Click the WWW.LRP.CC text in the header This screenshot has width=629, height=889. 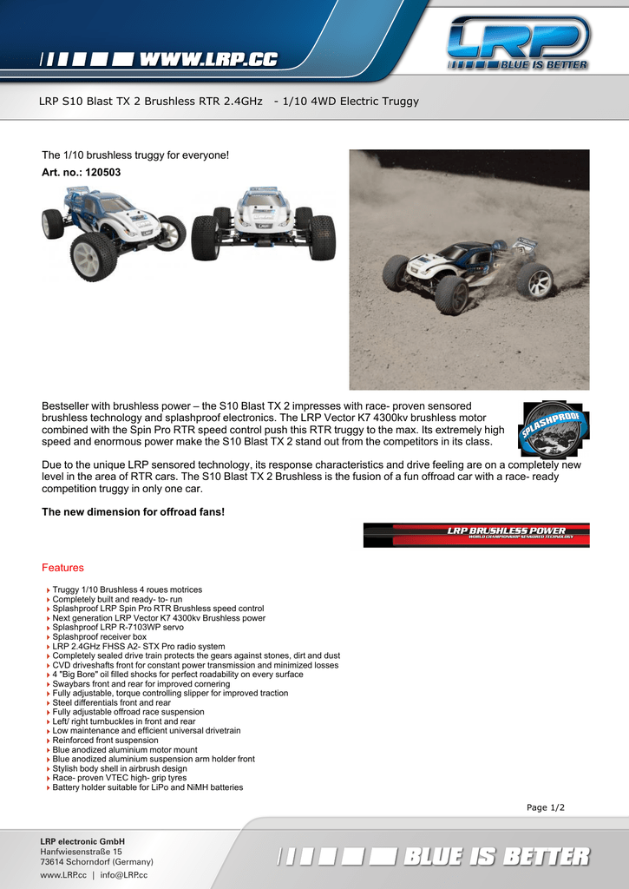click(208, 60)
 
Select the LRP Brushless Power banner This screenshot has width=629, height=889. click(475, 534)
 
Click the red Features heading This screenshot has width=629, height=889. click(62, 568)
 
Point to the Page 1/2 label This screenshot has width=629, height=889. click(545, 807)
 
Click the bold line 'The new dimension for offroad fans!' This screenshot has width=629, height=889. click(133, 512)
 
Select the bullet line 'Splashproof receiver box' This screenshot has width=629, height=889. click(100, 637)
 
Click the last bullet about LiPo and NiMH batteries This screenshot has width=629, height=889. click(147, 787)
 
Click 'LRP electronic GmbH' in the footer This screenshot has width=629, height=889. click(82, 841)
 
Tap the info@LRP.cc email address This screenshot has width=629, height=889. click(124, 874)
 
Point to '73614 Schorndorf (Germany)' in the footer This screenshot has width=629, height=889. click(96, 862)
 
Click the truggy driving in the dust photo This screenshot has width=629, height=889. click(468, 269)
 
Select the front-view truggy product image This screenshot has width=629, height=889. click(263, 223)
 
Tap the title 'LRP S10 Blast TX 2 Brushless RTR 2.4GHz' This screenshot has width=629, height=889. click(150, 102)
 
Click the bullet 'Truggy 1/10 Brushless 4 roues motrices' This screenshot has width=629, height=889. click(127, 590)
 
